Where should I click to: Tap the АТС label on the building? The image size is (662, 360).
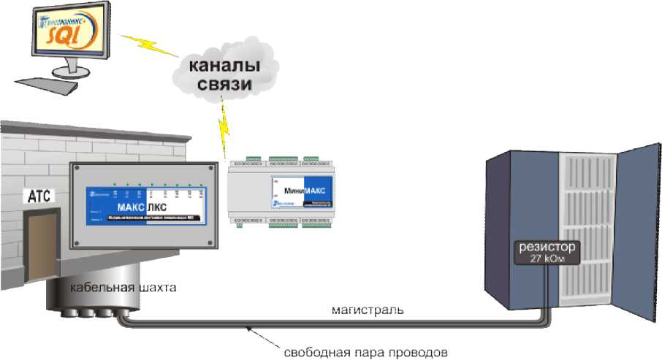coord(37,196)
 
